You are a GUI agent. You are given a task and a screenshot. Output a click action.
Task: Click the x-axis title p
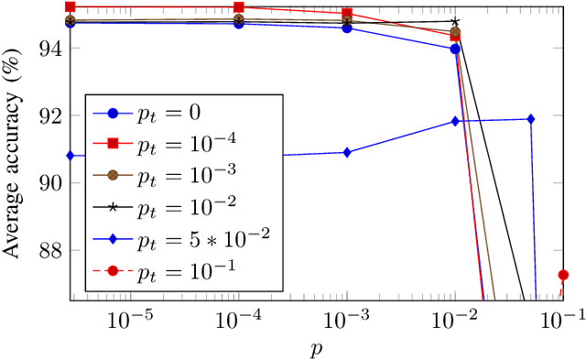coord(317,347)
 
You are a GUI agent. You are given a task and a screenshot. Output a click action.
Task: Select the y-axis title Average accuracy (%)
coord(17,151)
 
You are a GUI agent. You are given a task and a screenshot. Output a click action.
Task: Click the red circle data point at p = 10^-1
coord(564,275)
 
